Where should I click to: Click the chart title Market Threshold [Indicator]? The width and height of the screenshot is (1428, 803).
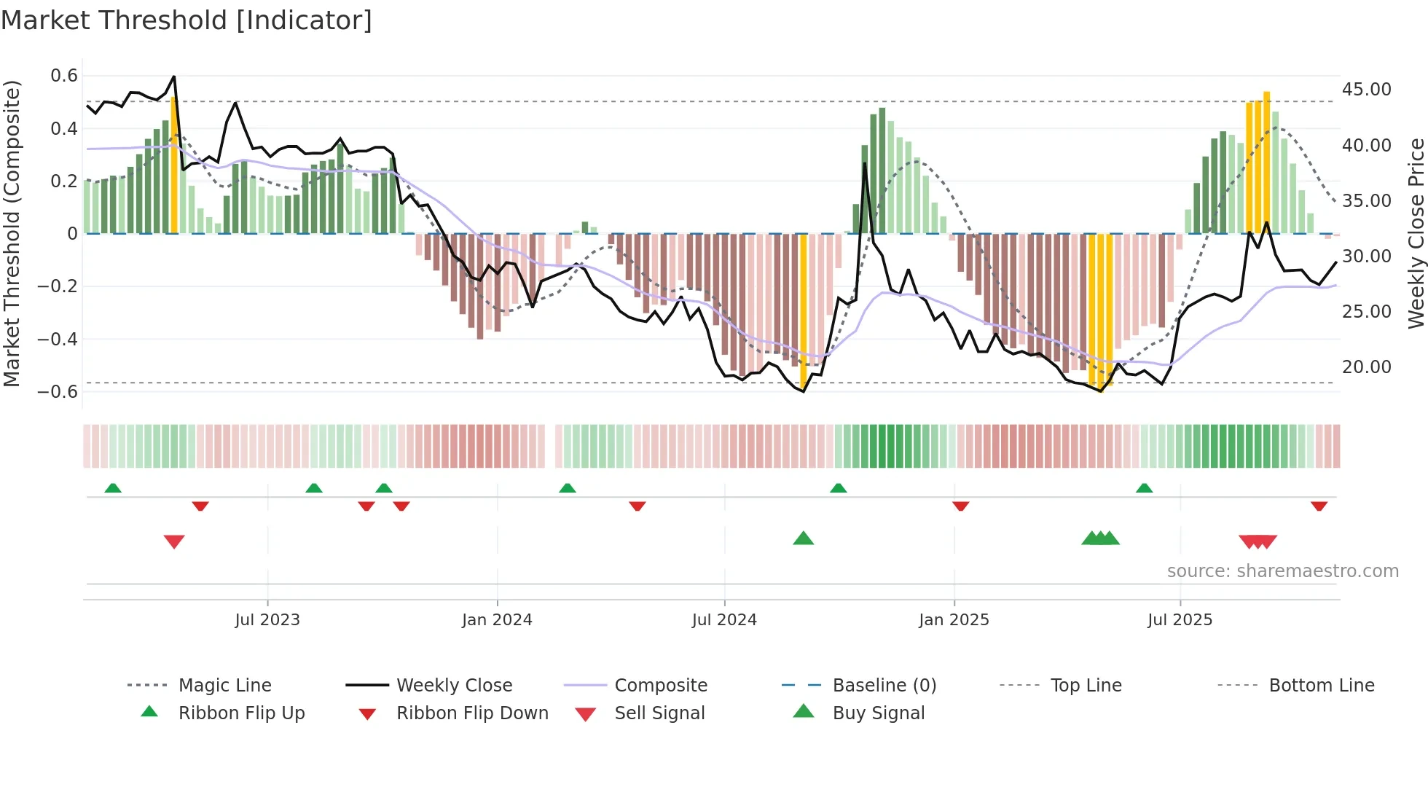tap(187, 20)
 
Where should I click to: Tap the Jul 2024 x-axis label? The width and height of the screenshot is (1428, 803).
tap(724, 620)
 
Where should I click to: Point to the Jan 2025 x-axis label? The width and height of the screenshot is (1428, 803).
tap(954, 620)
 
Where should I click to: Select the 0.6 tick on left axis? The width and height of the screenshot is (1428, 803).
tap(64, 76)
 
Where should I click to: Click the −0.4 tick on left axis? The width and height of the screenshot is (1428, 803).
tap(58, 339)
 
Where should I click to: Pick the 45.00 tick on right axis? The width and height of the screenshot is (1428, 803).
tap(1366, 90)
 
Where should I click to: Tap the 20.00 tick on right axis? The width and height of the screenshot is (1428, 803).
tap(1366, 367)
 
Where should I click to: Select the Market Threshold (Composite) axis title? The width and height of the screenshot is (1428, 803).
tap(12, 233)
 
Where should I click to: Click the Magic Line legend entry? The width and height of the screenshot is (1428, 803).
tap(224, 686)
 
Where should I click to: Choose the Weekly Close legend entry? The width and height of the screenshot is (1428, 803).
tap(454, 686)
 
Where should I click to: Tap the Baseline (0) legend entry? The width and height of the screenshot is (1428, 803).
tap(884, 686)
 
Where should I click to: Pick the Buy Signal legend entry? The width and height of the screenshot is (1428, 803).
tap(878, 713)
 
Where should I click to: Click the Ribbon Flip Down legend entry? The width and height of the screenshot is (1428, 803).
tap(472, 713)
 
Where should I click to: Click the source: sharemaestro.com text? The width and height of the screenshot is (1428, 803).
tap(1282, 571)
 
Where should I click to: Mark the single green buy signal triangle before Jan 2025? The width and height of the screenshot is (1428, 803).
tap(803, 538)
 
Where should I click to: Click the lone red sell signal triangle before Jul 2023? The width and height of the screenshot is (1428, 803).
tap(174, 541)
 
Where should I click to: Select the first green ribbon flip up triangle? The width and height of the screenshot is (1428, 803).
tap(113, 487)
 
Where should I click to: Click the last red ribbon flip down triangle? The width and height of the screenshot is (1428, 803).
tap(1319, 506)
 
